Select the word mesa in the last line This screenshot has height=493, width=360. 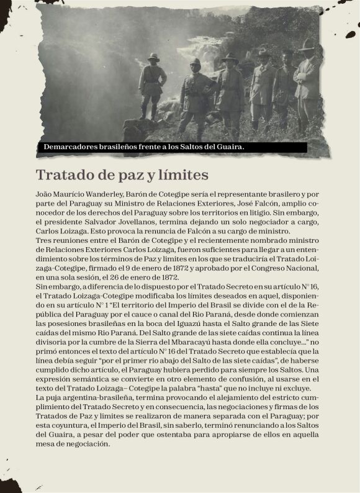click(45, 445)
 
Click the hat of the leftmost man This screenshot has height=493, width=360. click(153, 57)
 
